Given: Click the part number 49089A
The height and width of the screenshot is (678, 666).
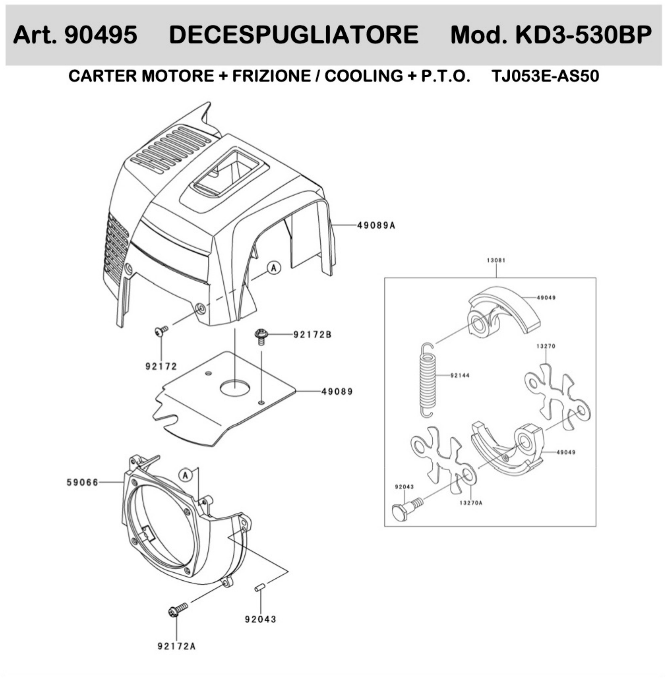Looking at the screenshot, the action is coord(376,225).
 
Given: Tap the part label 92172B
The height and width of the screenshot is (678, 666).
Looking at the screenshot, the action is coord(312,335).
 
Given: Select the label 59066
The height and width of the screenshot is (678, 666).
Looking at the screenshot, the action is coord(83,482).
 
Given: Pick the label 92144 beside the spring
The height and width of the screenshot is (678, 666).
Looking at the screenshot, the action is coord(460,375).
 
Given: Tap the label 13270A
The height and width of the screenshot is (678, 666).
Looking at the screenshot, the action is coord(471,503).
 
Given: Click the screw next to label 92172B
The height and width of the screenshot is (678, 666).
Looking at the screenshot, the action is coord(261,336).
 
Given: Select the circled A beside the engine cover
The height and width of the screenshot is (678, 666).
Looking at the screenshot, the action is coord(274,268).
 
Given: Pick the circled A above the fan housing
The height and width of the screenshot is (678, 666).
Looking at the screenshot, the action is coord(186,476).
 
